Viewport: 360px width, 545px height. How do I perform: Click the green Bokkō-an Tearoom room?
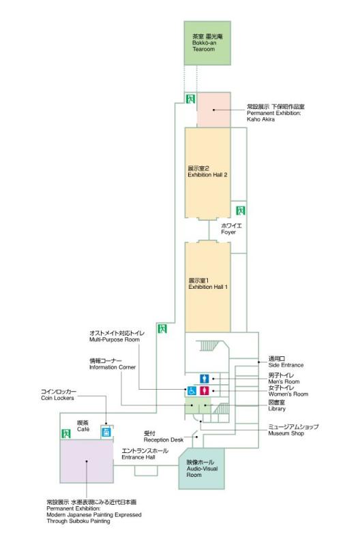[207, 43]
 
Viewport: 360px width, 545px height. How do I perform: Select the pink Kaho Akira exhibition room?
[213, 110]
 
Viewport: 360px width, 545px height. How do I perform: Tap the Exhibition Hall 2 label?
[207, 172]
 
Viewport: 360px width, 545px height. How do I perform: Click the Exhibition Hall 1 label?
[208, 283]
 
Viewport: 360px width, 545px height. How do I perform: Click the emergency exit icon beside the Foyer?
[241, 211]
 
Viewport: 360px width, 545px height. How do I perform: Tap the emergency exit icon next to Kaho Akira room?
[190, 99]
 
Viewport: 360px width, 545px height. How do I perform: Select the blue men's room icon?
[204, 379]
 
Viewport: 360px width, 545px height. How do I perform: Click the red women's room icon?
[204, 390]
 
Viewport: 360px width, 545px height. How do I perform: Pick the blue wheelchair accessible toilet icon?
[192, 390]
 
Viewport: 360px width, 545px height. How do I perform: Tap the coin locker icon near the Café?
[106, 432]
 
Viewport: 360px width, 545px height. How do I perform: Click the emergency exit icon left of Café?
[65, 433]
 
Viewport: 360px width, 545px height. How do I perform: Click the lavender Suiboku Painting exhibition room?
[87, 461]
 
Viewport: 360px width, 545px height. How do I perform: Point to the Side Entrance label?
[286, 362]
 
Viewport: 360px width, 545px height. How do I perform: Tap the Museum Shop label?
[293, 430]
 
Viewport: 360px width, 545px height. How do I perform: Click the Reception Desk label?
[164, 437]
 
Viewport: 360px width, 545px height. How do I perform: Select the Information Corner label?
[112, 364]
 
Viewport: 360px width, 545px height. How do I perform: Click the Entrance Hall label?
[145, 454]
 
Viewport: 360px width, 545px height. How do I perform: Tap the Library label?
[277, 405]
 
